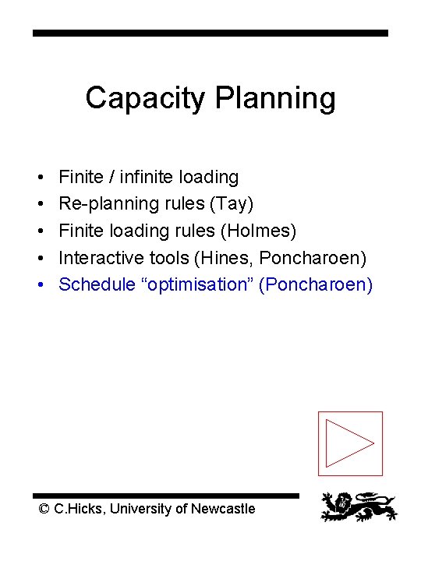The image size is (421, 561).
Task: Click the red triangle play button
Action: tap(350, 443)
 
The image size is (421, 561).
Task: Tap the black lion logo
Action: tap(359, 506)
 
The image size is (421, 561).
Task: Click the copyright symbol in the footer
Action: tap(44, 509)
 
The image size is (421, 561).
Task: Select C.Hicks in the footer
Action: tap(80, 509)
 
